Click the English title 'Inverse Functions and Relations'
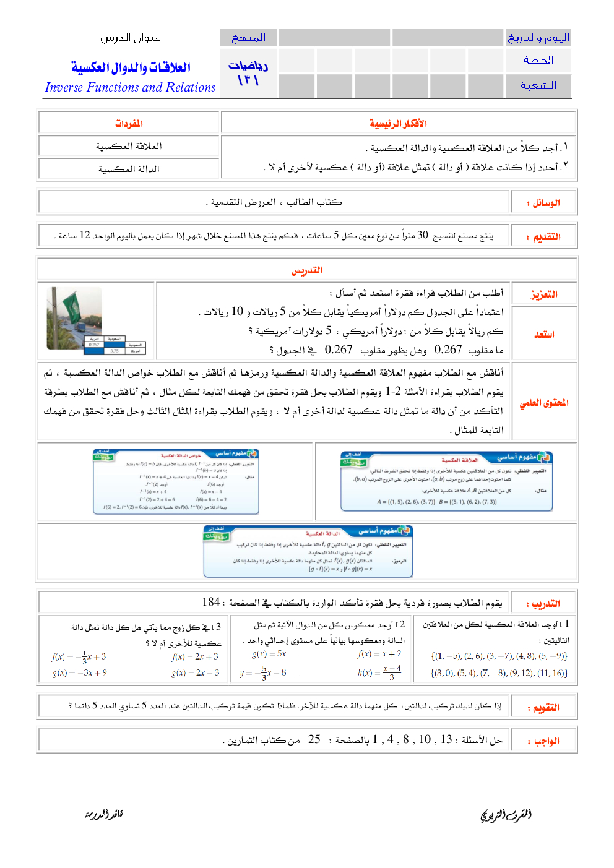pos(130,87)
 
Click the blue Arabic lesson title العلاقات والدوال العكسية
pos(131,67)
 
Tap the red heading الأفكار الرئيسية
pos(398,124)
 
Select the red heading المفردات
pos(129,124)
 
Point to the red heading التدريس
pos(307,270)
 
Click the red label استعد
pos(544,335)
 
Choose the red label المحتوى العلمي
pos(544,403)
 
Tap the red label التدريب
pos(543,604)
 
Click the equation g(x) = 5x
pos(269,654)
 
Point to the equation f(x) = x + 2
pos(379,654)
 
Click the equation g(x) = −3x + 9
pos(80,672)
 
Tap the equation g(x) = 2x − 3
pos(195,672)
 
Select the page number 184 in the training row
pos(211,602)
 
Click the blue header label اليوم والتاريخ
pos(538,38)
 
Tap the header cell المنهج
pos(248,38)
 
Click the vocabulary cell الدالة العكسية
pos(129,169)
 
